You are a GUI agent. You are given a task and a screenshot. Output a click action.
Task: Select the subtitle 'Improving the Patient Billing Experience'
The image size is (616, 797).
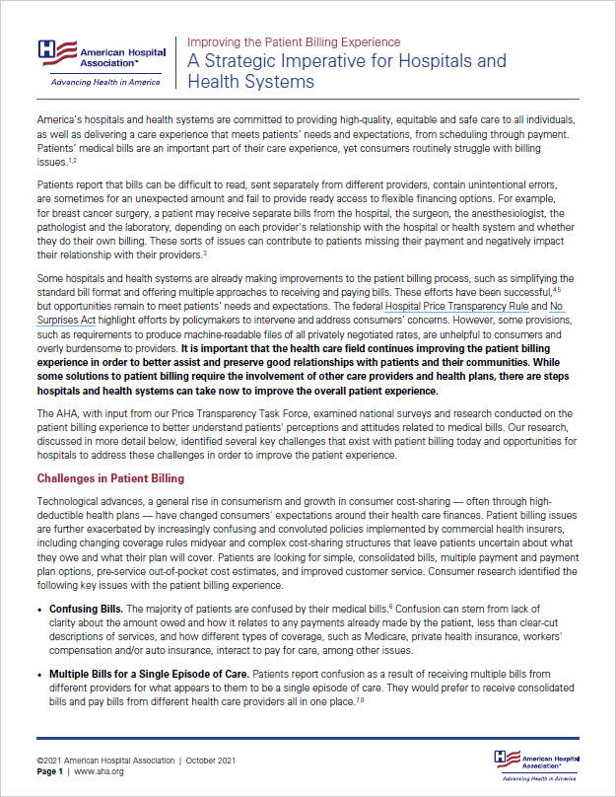pos(294,42)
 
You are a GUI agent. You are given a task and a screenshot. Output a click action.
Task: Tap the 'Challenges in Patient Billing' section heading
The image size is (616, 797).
pos(110,478)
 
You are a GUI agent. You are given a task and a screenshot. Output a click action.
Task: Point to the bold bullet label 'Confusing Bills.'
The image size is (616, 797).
pos(87,610)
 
